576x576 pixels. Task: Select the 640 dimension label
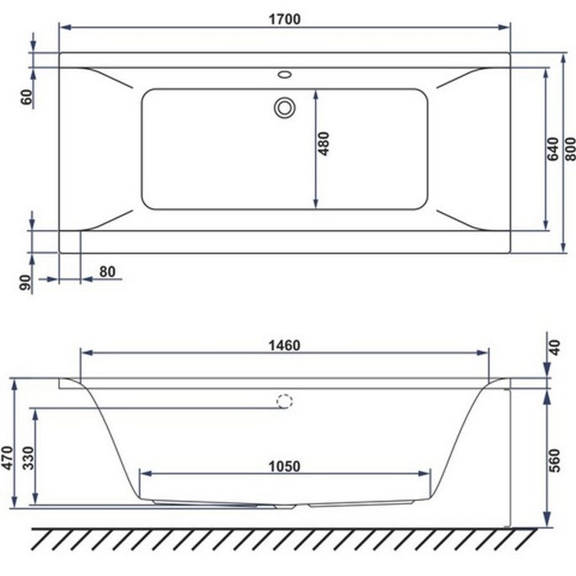[x=552, y=147]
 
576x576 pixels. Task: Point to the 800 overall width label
[x=570, y=147]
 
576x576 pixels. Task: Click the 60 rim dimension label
[x=26, y=96]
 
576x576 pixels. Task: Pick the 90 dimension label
[x=26, y=283]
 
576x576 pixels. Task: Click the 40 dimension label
[x=553, y=347]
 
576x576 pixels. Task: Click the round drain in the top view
[x=285, y=108]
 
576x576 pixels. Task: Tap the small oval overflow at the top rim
[x=285, y=74]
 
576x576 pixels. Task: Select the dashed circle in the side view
[x=285, y=403]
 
